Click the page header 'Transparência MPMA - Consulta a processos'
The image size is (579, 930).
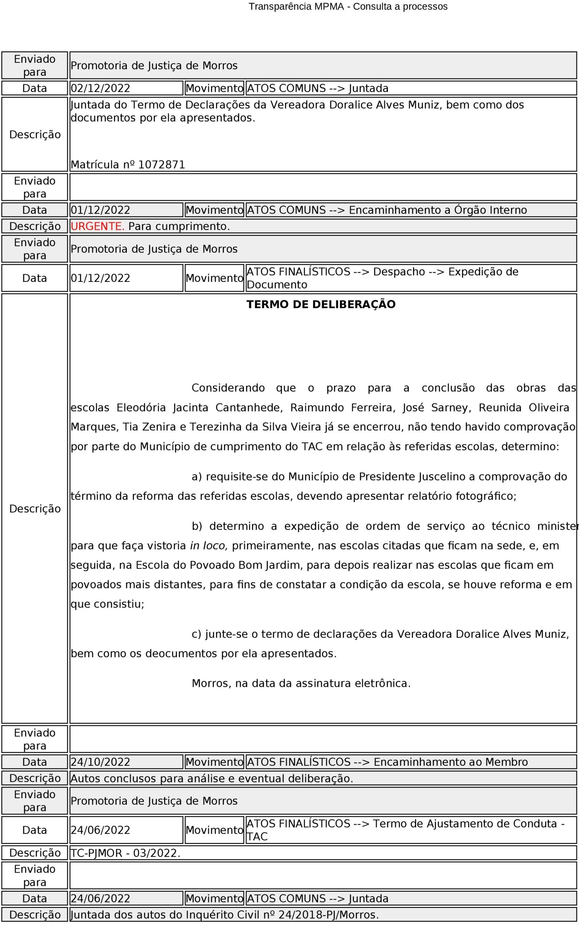tap(348, 7)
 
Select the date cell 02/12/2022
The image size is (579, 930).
tap(100, 88)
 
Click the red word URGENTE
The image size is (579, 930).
tap(97, 226)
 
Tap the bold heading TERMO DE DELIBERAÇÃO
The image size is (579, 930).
tap(321, 304)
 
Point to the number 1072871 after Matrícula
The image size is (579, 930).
tap(161, 165)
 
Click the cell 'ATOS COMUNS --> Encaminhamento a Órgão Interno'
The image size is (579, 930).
tap(387, 210)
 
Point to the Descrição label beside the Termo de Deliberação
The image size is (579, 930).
tap(35, 509)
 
